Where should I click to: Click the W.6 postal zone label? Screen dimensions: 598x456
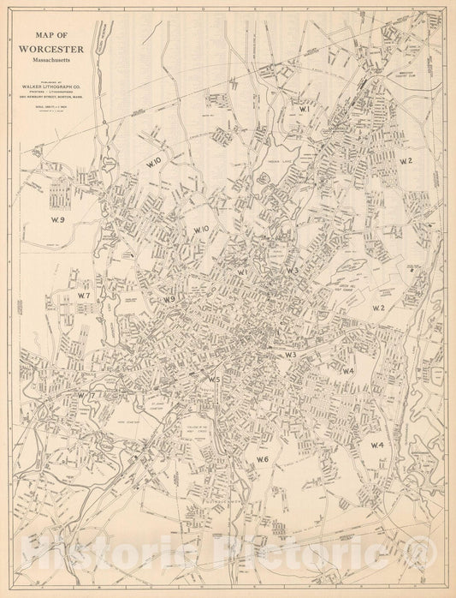(x=263, y=460)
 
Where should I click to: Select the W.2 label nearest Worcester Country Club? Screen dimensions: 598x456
(x=405, y=161)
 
